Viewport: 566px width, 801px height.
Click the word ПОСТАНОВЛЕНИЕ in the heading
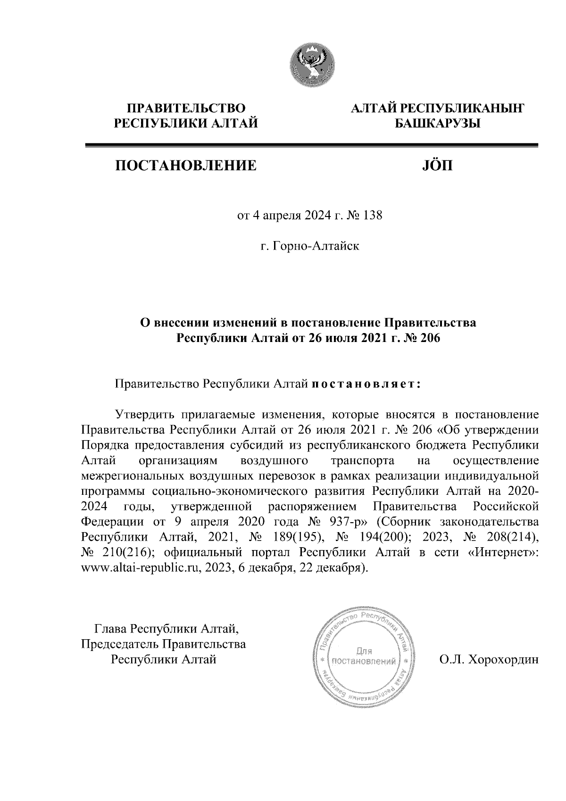pyautogui.click(x=186, y=166)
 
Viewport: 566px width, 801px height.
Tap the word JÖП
pyautogui.click(x=436, y=166)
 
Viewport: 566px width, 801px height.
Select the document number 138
pyautogui.click(x=371, y=217)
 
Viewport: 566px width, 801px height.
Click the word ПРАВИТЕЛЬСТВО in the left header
pyautogui.click(x=187, y=108)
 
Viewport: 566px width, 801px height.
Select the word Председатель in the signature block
pyautogui.click(x=121, y=644)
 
